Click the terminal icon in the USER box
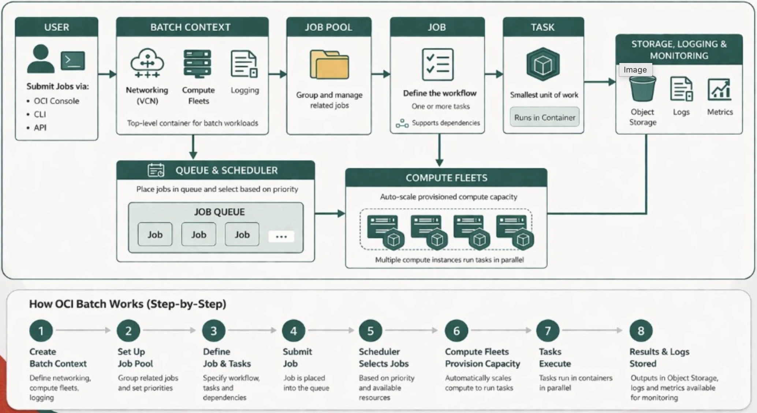[x=73, y=60]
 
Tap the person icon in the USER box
[x=41, y=59]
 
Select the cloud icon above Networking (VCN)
[x=147, y=63]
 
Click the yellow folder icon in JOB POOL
[x=329, y=64]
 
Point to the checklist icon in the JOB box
[x=437, y=64]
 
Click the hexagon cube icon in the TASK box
[x=543, y=64]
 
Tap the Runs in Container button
[x=545, y=117]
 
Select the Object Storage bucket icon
[x=642, y=89]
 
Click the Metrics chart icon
[x=719, y=89]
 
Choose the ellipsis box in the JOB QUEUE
[x=281, y=236]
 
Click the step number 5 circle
[x=370, y=331]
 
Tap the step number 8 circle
[x=641, y=331]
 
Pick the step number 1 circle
[x=41, y=331]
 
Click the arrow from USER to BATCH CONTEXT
[x=107, y=74]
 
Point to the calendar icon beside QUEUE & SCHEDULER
[x=156, y=170]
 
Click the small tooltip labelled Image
[x=635, y=70]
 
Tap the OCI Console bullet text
[x=56, y=101]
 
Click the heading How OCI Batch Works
[x=128, y=304]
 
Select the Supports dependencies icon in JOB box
[x=402, y=123]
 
